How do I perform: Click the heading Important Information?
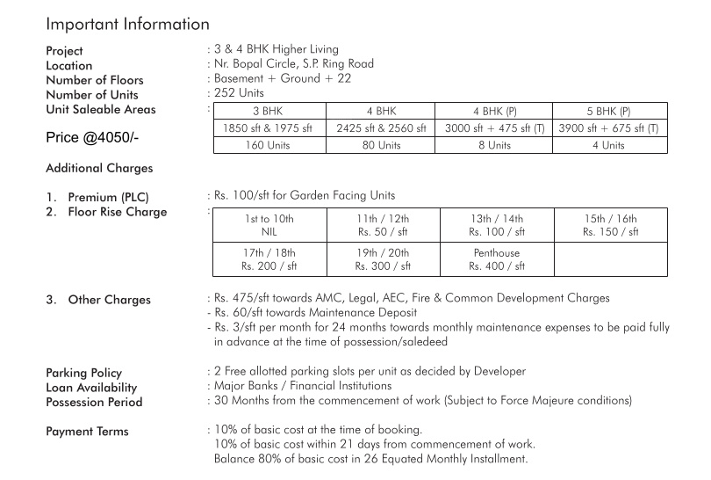127,24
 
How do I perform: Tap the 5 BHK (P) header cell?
608,112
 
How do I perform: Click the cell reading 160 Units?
269,145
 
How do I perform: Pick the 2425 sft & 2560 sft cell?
381,128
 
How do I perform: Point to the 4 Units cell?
608,145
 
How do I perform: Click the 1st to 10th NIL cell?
269,225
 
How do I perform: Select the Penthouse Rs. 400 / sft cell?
496,259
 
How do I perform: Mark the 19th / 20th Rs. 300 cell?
383,259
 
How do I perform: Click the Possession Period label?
94,403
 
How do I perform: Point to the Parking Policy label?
83,373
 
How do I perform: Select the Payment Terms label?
87,432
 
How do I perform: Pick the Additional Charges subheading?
98,168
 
